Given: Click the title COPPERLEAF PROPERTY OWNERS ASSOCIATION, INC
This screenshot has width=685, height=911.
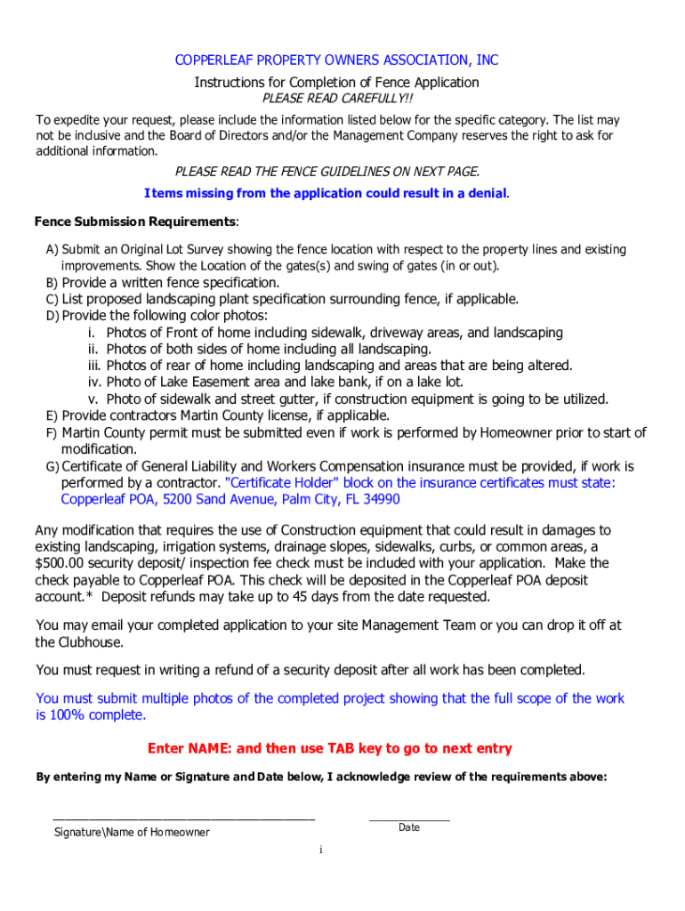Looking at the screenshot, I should click(x=336, y=60).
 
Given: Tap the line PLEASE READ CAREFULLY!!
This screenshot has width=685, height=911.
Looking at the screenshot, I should click(x=336, y=99).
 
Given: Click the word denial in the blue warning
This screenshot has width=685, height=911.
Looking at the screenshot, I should click(x=480, y=193).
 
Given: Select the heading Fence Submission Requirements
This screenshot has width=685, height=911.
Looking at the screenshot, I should click(x=135, y=221).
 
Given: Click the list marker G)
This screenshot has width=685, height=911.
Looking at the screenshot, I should click(x=52, y=467).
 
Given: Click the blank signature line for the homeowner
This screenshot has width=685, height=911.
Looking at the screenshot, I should click(x=183, y=817).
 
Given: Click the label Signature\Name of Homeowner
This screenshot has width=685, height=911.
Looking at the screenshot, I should click(x=132, y=833).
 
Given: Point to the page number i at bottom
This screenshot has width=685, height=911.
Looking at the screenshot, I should click(x=321, y=851).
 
